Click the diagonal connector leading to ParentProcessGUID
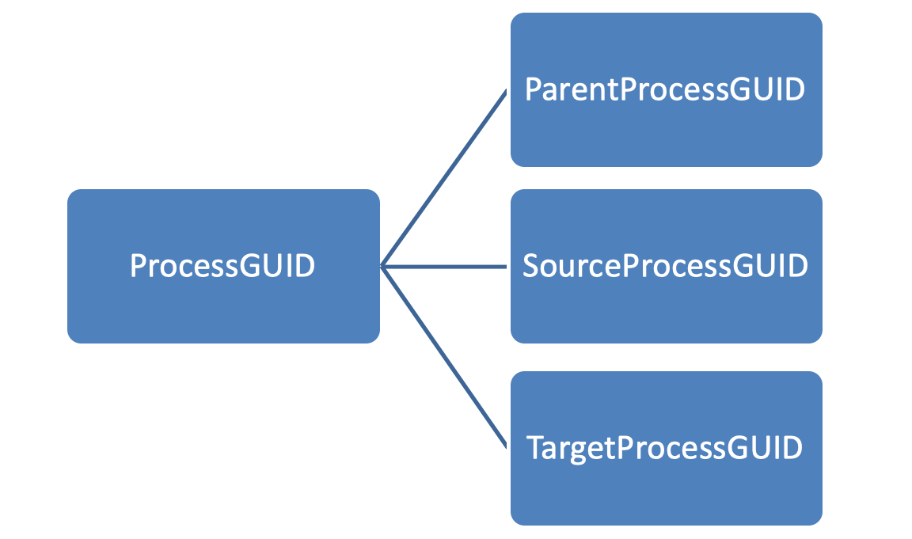(443, 178)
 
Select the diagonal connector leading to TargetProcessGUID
(443, 356)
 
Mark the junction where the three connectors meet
(382, 267)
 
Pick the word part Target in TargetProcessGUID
(570, 448)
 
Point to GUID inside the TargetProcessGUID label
(763, 448)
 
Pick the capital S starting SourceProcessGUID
(531, 267)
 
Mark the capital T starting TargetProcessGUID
(535, 448)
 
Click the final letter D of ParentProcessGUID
(795, 89)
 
